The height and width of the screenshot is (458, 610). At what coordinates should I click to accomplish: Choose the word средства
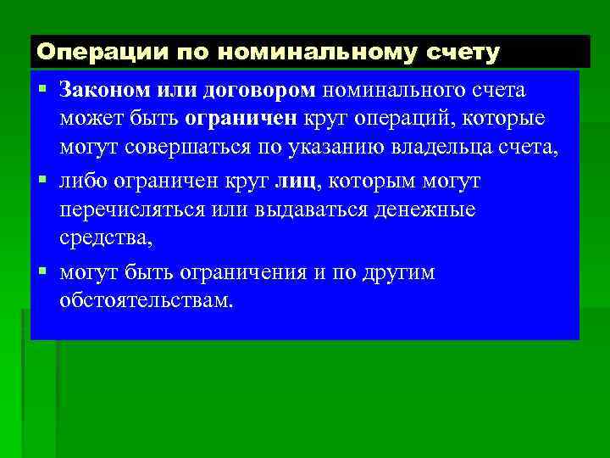coord(106,240)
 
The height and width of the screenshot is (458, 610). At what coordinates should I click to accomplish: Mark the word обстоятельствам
coord(146,301)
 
